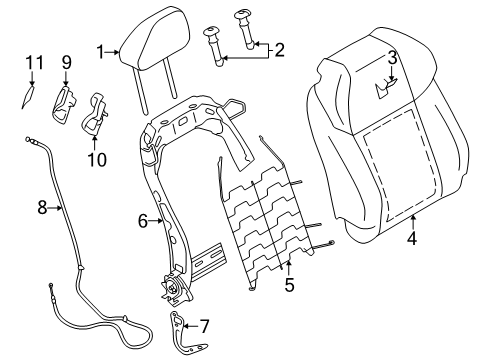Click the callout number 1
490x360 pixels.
pyautogui.click(x=100, y=52)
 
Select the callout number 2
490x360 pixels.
pyautogui.click(x=279, y=50)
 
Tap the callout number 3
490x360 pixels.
pyautogui.click(x=392, y=58)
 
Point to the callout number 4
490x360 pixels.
pyautogui.click(x=412, y=238)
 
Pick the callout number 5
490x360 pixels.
pyautogui.click(x=289, y=285)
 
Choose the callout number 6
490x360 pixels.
pyautogui.click(x=143, y=221)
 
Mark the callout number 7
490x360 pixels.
pyautogui.click(x=204, y=326)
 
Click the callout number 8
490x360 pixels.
pyautogui.click(x=42, y=208)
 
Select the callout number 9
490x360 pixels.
pyautogui.click(x=66, y=62)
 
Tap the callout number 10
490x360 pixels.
pyautogui.click(x=97, y=160)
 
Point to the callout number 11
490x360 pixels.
pyautogui.click(x=35, y=63)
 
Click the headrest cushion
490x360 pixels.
pyautogui.click(x=155, y=38)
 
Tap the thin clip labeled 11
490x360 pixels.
pyautogui.click(x=28, y=97)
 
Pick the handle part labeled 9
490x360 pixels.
pyautogui.click(x=63, y=105)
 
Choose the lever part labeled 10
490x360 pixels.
pyautogui.click(x=94, y=114)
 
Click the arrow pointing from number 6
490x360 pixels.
pyautogui.click(x=156, y=221)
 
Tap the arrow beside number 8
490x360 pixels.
pyautogui.click(x=55, y=208)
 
